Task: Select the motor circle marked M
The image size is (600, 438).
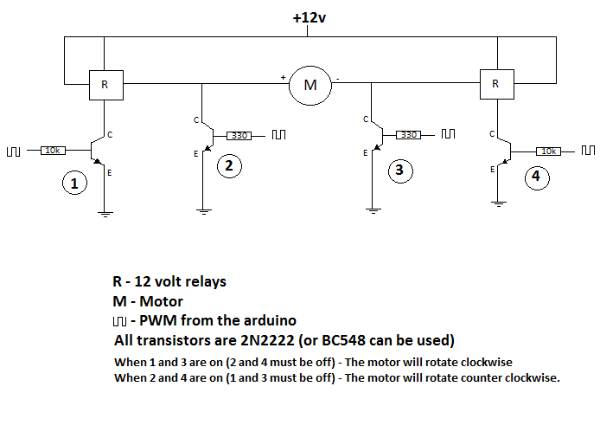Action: click(310, 85)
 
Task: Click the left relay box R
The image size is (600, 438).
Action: click(105, 85)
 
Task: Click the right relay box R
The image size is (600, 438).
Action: click(495, 84)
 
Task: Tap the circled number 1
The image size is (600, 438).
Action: click(75, 184)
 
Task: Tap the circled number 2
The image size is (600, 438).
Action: click(228, 166)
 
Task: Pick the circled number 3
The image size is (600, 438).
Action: click(399, 170)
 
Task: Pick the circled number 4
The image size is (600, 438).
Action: click(537, 177)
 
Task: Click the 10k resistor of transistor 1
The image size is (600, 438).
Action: click(52, 151)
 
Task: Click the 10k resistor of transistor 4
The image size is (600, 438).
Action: click(548, 151)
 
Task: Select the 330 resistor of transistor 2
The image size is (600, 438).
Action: click(240, 135)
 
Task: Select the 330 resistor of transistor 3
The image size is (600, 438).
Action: click(410, 135)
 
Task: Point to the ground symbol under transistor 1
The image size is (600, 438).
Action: click(105, 212)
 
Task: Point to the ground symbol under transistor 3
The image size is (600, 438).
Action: click(372, 209)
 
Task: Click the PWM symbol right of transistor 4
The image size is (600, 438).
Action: click(588, 151)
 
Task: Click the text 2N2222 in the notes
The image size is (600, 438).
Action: click(266, 339)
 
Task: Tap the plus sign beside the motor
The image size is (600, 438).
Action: click(283, 78)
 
